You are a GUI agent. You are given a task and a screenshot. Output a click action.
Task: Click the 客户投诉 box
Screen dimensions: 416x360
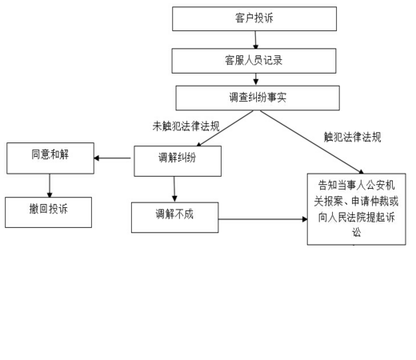click(x=254, y=18)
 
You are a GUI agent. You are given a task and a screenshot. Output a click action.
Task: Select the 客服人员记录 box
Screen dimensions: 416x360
click(x=254, y=61)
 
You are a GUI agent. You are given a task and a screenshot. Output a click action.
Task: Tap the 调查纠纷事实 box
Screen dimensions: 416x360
click(x=258, y=98)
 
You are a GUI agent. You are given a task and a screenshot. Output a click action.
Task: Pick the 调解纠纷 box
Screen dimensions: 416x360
click(x=178, y=161)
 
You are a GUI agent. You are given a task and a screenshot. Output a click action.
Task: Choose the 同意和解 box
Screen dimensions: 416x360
click(x=50, y=158)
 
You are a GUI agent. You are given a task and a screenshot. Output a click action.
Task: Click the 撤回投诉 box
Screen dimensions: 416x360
click(x=48, y=212)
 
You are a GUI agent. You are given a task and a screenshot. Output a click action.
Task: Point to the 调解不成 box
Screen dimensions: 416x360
click(x=175, y=218)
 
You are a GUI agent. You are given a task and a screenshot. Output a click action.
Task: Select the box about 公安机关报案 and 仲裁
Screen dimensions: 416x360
click(x=357, y=209)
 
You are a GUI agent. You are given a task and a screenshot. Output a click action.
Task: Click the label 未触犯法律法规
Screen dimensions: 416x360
click(x=186, y=126)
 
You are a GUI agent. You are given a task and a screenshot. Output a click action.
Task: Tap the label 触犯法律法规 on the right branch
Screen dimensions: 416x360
click(x=352, y=137)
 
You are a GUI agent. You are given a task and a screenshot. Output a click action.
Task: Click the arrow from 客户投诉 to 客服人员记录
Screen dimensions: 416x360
click(x=255, y=40)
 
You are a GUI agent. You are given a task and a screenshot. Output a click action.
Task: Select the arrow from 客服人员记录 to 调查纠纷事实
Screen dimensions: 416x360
click(x=256, y=79)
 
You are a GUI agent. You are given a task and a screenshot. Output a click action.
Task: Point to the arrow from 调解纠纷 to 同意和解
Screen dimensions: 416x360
click(x=112, y=158)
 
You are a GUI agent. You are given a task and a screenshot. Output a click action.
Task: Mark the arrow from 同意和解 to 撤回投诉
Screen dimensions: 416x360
click(x=50, y=186)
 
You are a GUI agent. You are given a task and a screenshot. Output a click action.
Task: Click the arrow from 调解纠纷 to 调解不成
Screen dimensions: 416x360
click(x=174, y=189)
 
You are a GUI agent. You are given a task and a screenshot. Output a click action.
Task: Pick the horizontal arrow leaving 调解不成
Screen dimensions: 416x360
click(x=263, y=219)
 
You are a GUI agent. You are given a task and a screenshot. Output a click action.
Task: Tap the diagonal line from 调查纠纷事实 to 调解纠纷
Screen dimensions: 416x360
click(x=225, y=128)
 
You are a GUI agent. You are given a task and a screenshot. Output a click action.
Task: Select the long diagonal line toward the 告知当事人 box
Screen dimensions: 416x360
click(x=312, y=142)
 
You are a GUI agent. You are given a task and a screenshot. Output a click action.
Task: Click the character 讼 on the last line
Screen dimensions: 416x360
click(x=357, y=232)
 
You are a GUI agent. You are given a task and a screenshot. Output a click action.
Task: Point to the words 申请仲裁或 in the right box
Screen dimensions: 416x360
click(x=375, y=201)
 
